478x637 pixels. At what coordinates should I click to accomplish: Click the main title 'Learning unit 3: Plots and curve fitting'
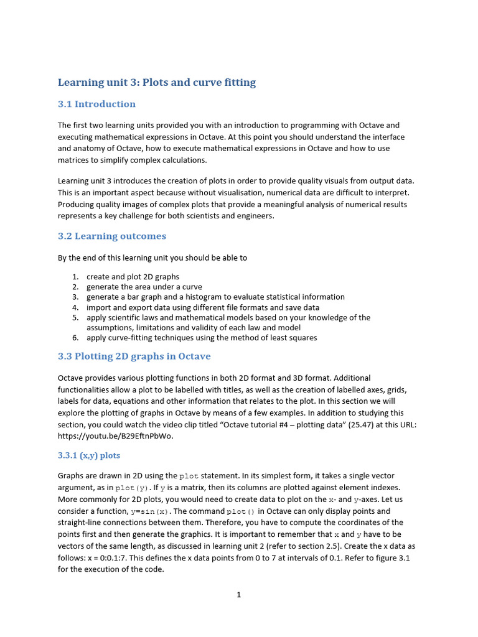point(156,82)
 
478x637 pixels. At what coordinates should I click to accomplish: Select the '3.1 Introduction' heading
point(96,104)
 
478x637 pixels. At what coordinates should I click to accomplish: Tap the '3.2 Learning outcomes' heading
point(112,236)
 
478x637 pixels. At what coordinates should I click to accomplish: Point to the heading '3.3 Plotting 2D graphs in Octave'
point(134,356)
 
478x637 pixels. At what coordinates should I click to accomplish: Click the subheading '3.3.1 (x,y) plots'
point(89,455)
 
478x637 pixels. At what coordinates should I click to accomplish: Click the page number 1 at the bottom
point(239,595)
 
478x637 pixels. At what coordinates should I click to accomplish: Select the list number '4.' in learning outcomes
point(75,307)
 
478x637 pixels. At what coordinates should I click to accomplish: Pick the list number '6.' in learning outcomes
point(75,338)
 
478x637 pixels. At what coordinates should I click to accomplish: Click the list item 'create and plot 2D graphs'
point(133,277)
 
